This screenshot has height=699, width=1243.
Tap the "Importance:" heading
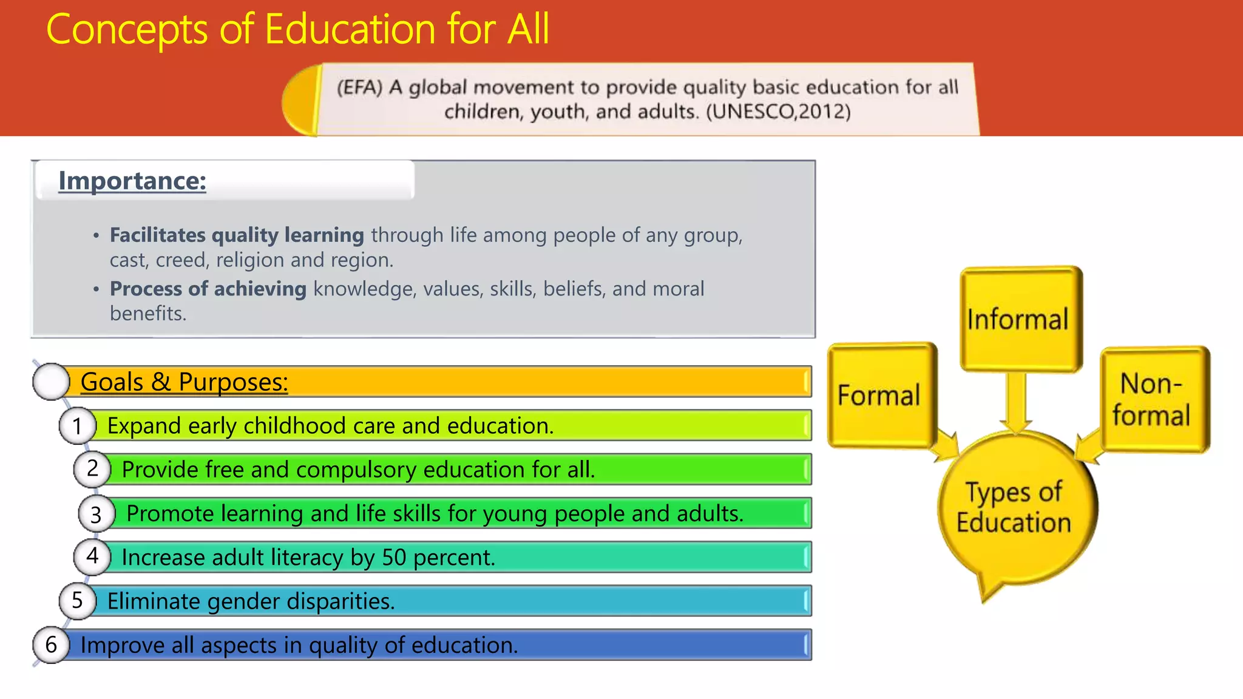(132, 181)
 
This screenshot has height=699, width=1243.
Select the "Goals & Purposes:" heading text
(184, 382)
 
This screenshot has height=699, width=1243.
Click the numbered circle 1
(77, 426)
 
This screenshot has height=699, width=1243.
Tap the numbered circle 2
(92, 469)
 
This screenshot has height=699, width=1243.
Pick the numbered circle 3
(96, 514)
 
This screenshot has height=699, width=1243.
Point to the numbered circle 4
(92, 556)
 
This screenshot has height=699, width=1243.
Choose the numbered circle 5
(77, 601)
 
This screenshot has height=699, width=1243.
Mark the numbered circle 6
(51, 644)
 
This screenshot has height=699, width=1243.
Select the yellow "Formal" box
(879, 395)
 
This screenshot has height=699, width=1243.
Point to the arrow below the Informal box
(1017, 402)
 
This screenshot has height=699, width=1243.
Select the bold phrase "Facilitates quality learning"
(237, 235)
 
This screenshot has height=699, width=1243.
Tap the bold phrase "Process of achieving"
(208, 289)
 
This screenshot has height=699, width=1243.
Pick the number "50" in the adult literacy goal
(394, 558)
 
